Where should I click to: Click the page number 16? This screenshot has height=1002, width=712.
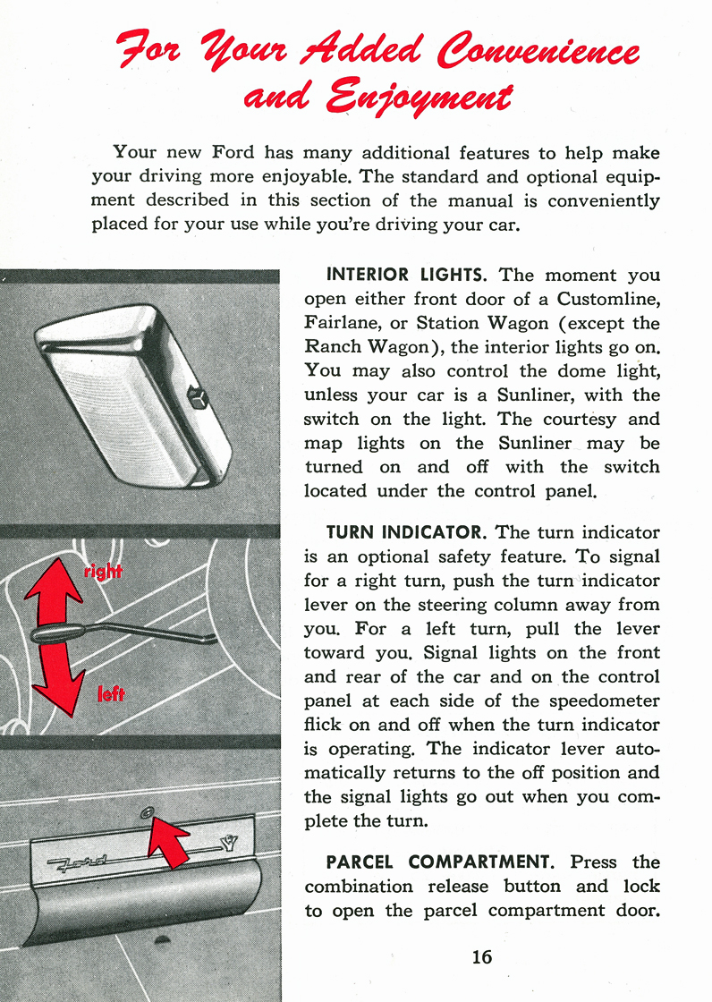[x=481, y=956]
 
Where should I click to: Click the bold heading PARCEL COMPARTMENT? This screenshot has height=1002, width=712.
[x=442, y=862]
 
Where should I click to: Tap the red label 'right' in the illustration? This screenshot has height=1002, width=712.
[x=103, y=571]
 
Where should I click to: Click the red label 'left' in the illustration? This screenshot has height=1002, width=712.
[x=110, y=693]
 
